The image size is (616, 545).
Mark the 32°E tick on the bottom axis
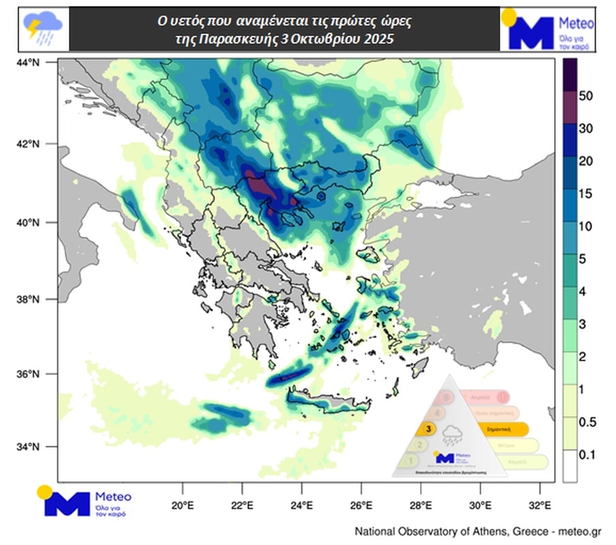coord(540,505)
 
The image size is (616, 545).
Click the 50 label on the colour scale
coord(586,95)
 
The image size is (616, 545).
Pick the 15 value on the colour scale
coord(586,193)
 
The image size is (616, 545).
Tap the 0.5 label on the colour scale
coord(586,422)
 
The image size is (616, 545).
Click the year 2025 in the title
coord(378,40)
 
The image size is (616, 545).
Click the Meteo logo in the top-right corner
coord(547,29)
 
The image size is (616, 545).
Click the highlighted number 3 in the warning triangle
coord(427,429)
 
